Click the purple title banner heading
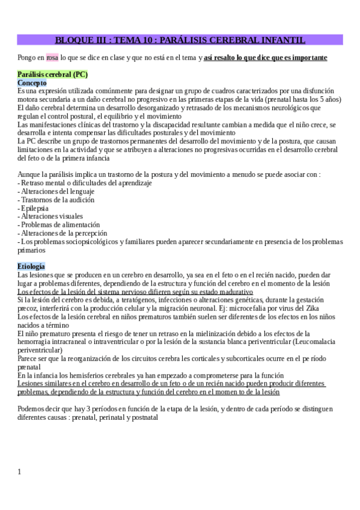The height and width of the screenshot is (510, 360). pyautogui.click(x=180, y=40)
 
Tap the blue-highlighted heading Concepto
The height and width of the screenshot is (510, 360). pyautogui.click(x=32, y=82)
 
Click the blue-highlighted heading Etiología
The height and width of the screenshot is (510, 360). pyautogui.click(x=31, y=266)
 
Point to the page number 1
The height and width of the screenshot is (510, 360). pyautogui.click(x=19, y=472)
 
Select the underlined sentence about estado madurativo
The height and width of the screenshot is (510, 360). pyautogui.click(x=135, y=291)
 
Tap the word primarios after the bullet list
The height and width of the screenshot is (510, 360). pyautogui.click(x=31, y=250)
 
